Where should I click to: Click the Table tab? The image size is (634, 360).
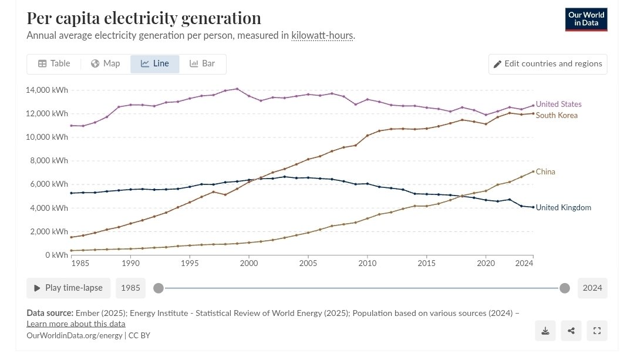click(x=54, y=63)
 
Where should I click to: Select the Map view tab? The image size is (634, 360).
click(x=106, y=63)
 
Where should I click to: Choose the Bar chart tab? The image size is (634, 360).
click(x=202, y=63)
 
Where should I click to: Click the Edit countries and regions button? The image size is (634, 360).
click(x=548, y=64)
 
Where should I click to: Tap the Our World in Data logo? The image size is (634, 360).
click(x=586, y=19)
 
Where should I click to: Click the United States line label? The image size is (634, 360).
click(x=558, y=104)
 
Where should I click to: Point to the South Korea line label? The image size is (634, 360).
click(x=557, y=115)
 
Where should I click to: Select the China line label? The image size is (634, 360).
click(x=545, y=171)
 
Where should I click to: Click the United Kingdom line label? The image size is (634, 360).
click(x=563, y=207)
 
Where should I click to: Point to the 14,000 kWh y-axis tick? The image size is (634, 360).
click(x=45, y=90)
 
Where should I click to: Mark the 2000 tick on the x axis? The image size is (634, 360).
click(x=249, y=264)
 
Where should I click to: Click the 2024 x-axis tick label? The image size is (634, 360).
click(x=532, y=264)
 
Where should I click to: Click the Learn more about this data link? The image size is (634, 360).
click(x=76, y=324)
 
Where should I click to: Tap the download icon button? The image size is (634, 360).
click(x=545, y=331)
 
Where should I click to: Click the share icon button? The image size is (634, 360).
click(x=571, y=331)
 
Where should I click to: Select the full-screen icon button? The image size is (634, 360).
click(x=597, y=331)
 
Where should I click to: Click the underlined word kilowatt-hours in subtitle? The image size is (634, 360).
click(x=322, y=35)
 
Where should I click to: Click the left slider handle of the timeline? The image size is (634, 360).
click(x=158, y=288)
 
